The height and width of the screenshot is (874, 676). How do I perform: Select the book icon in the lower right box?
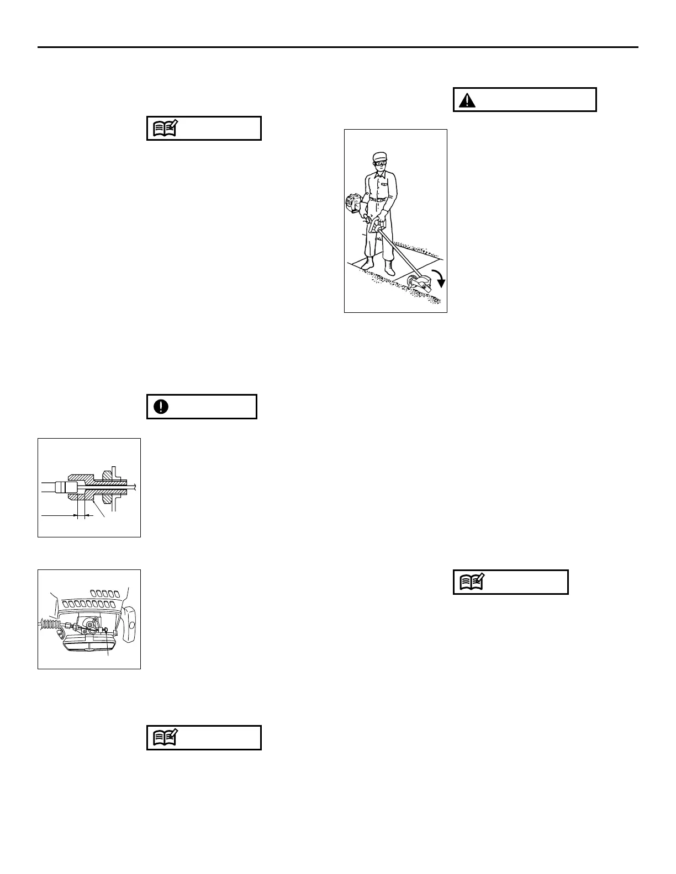pos(472,582)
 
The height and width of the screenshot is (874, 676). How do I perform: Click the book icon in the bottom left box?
pos(165,738)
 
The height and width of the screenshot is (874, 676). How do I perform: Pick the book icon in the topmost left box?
pos(165,129)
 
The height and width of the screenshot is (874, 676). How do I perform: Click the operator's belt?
pos(379,199)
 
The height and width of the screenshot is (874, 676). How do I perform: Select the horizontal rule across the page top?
pos(337,47)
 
